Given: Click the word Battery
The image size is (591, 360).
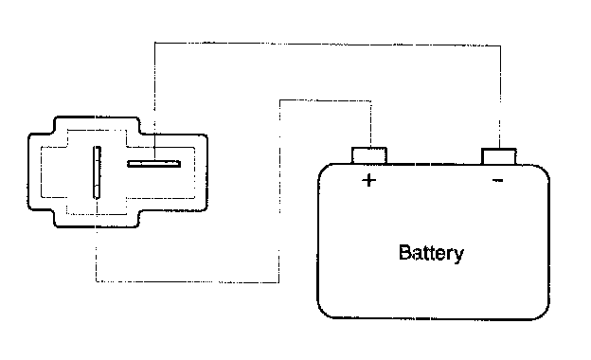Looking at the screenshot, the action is tap(431, 253).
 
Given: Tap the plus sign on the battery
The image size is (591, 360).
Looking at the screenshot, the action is tap(368, 180).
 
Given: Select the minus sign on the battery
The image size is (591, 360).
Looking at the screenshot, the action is tap(498, 181).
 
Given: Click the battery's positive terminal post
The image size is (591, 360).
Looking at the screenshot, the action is tap(369, 155).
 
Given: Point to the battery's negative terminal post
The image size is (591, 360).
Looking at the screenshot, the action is tap(499, 156).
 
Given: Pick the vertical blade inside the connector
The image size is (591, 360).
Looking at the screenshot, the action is tap(97, 172).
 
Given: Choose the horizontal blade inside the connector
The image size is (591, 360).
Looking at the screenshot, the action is tap(153, 164).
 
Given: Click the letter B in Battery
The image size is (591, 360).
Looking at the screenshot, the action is tap(404, 252).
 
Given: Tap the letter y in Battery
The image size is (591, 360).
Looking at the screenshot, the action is tap(458, 256).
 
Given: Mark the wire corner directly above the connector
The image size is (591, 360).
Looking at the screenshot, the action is tap(155, 43).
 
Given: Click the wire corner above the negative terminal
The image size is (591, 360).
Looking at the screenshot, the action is tap(500, 46).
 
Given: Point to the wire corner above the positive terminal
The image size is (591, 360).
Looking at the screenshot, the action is tap(371, 100).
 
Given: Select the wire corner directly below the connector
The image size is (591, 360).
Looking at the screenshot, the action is tap(97, 281).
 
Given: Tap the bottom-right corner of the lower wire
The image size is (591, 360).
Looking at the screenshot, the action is tap(278, 282).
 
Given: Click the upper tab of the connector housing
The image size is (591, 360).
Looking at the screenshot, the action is tap(97, 124).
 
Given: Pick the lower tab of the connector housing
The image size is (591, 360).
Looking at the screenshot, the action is tap(97, 220).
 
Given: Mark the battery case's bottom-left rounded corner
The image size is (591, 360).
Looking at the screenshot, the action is tap(327, 310).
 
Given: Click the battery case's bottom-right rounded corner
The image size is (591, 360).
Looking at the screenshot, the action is tap(541, 311).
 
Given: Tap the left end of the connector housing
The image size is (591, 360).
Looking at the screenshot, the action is tap(28, 171).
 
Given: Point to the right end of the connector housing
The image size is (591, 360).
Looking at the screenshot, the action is tap(206, 171).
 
